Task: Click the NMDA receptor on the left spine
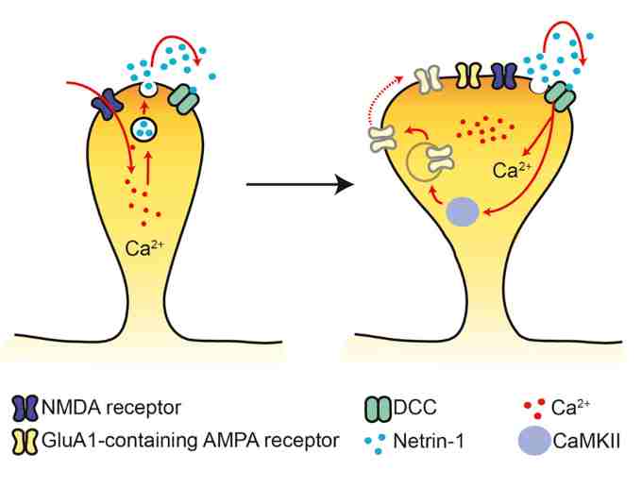(104, 103)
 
